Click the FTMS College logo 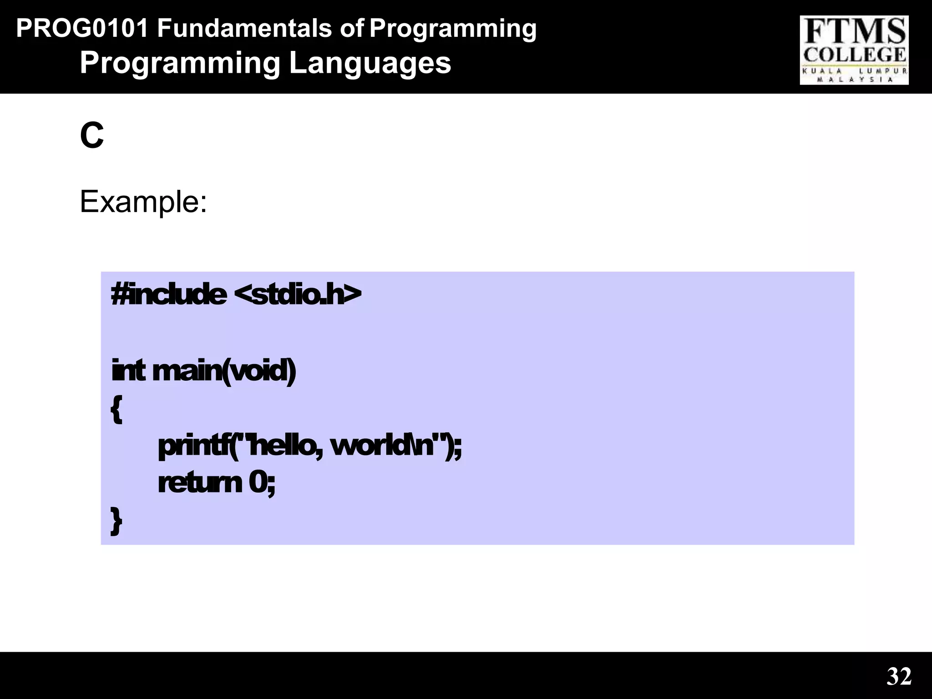(x=854, y=50)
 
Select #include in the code (x=169, y=294)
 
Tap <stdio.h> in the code (x=298, y=294)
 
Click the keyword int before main (x=128, y=370)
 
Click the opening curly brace (x=116, y=409)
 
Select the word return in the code (x=199, y=483)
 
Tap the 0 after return (x=258, y=483)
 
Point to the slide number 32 (x=899, y=676)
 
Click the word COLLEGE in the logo (x=854, y=55)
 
